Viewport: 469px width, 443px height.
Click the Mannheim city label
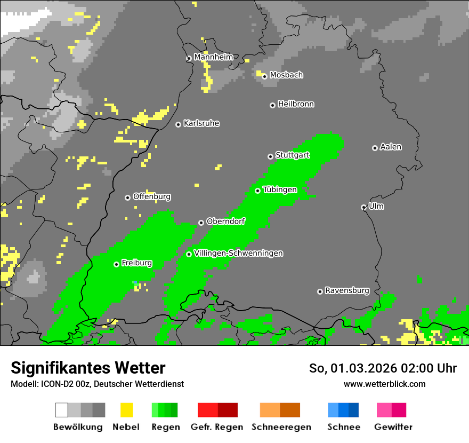coord(213,57)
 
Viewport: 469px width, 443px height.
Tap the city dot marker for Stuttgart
coord(270,156)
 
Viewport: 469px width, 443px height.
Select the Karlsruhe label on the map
coord(201,123)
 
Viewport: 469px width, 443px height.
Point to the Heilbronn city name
coord(296,104)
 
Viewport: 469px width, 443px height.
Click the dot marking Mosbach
coord(264,76)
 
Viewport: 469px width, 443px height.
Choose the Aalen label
coord(391,147)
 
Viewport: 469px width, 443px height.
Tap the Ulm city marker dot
coord(363,207)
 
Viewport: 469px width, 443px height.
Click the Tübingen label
coord(280,189)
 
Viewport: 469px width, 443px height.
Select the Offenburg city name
coord(151,196)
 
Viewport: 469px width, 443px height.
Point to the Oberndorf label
coord(225,221)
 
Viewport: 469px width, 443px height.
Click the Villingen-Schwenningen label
coord(238,253)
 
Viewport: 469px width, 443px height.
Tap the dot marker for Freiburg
coord(116,264)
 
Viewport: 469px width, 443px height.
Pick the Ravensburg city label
coord(347,290)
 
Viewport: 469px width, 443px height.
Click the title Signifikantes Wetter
coord(88,368)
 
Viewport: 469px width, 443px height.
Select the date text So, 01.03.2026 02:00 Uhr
coord(383,368)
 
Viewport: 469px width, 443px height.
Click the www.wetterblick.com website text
coord(384,384)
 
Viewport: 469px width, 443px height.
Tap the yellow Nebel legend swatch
coord(126,410)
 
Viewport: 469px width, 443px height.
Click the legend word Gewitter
coord(393,427)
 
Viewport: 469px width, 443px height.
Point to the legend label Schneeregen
coord(281,427)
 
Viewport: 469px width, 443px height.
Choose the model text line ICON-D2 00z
coord(97,384)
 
